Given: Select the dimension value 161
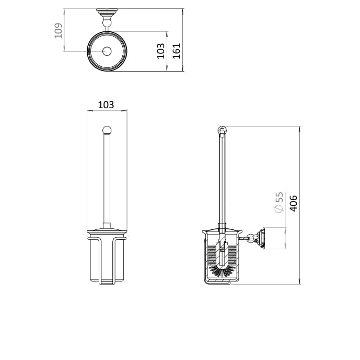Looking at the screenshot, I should coord(176,50).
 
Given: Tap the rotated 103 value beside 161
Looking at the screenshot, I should coord(161,51).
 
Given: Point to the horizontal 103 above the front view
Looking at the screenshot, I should coord(106,105).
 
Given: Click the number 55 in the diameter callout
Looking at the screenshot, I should coord(279,197).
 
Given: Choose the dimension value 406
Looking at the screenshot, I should coord(293,203).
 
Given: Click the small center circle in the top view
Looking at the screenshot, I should coord(107,51).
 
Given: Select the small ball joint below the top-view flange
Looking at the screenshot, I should coord(107,21).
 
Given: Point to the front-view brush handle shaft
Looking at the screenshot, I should coord(107,178).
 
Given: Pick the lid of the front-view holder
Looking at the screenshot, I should coord(107,231).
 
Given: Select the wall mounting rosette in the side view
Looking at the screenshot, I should coord(261,238).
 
